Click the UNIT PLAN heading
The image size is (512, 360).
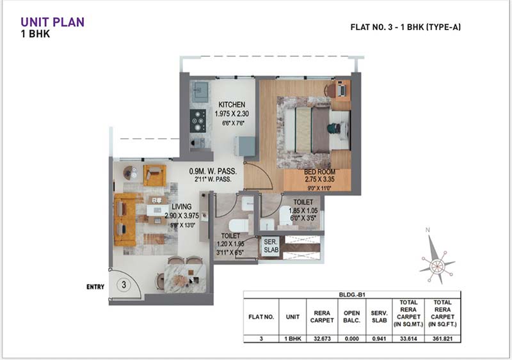pyautogui.click(x=52, y=22)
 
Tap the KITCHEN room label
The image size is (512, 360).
pyautogui.click(x=232, y=105)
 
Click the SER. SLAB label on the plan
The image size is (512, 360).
pyautogui.click(x=270, y=246)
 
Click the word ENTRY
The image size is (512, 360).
pyautogui.click(x=95, y=287)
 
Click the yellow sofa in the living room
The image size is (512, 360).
pyautogui.click(x=125, y=219)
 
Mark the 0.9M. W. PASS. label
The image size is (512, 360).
pyautogui.click(x=213, y=171)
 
